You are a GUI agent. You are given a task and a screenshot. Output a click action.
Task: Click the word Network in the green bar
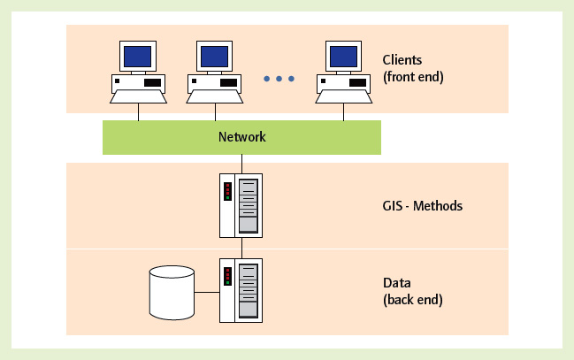(241, 137)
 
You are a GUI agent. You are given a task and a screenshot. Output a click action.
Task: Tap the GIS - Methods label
(417, 206)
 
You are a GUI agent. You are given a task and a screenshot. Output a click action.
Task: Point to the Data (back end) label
(413, 291)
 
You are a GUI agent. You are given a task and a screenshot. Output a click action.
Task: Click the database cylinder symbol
(172, 292)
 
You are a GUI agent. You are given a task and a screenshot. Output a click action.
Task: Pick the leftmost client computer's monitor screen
(138, 57)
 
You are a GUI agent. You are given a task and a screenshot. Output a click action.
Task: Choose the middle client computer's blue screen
(214, 57)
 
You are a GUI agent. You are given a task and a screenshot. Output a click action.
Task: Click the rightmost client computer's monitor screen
(345, 57)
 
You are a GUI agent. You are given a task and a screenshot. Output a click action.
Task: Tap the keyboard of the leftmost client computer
(138, 95)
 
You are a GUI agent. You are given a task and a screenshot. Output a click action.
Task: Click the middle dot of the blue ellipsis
(279, 79)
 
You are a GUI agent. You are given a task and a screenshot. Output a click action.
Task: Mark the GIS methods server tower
(241, 205)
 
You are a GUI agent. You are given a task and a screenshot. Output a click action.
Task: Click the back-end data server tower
(241, 291)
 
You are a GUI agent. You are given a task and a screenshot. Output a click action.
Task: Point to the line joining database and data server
(207, 291)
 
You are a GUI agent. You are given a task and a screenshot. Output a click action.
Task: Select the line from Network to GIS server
(241, 164)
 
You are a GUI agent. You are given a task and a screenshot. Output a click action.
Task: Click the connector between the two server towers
(241, 248)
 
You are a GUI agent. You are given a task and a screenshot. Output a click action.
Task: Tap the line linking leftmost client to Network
(138, 111)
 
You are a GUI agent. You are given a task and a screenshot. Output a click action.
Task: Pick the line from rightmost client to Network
(345, 111)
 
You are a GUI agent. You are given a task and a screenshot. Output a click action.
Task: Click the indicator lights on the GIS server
(227, 191)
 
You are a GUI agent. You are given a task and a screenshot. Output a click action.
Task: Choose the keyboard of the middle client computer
(214, 95)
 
